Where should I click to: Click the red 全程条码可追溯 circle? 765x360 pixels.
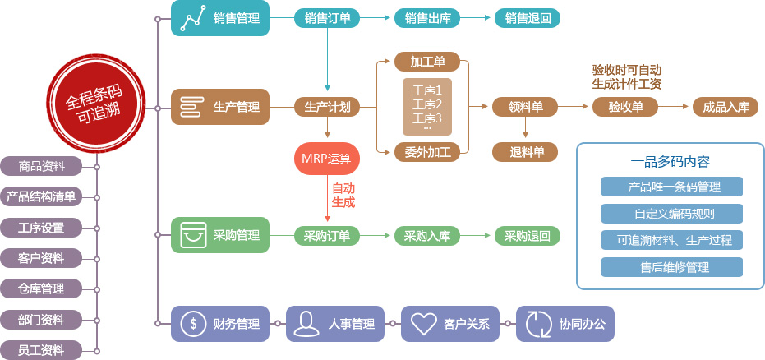tap(93, 107)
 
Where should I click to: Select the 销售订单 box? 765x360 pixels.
tap(327, 18)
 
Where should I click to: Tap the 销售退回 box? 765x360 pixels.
tap(528, 18)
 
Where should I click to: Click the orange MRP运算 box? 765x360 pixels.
tap(328, 158)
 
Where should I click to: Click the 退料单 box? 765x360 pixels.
tap(526, 151)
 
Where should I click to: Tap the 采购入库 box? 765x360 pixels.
tap(426, 236)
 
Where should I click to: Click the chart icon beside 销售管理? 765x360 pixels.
tap(192, 18)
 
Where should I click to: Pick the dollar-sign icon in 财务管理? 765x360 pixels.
tap(193, 324)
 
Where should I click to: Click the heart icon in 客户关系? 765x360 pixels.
tap(423, 324)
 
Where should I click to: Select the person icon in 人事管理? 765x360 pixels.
tap(307, 324)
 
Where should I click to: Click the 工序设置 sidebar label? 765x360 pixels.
tap(41, 227)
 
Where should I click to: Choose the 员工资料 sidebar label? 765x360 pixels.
tap(41, 350)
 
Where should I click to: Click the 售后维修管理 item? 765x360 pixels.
tap(672, 267)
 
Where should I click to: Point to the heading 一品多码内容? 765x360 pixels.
tap(671, 161)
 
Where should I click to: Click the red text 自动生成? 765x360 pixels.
tap(343, 195)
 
